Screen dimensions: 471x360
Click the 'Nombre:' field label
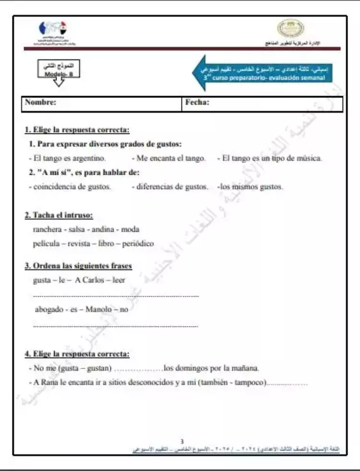[x=41, y=102]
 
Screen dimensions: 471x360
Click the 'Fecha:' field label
[x=197, y=102]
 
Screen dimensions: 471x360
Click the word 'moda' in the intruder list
[x=130, y=229]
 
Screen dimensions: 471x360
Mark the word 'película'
[x=47, y=243]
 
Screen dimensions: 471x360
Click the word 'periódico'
[x=138, y=243]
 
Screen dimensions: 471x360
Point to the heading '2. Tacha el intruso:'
[x=59, y=215]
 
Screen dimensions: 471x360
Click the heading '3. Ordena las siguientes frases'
[x=78, y=266]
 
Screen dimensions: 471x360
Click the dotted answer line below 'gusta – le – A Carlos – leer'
[x=116, y=296]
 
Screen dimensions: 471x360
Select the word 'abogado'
[x=49, y=310]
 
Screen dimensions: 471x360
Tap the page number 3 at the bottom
[x=181, y=441]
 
